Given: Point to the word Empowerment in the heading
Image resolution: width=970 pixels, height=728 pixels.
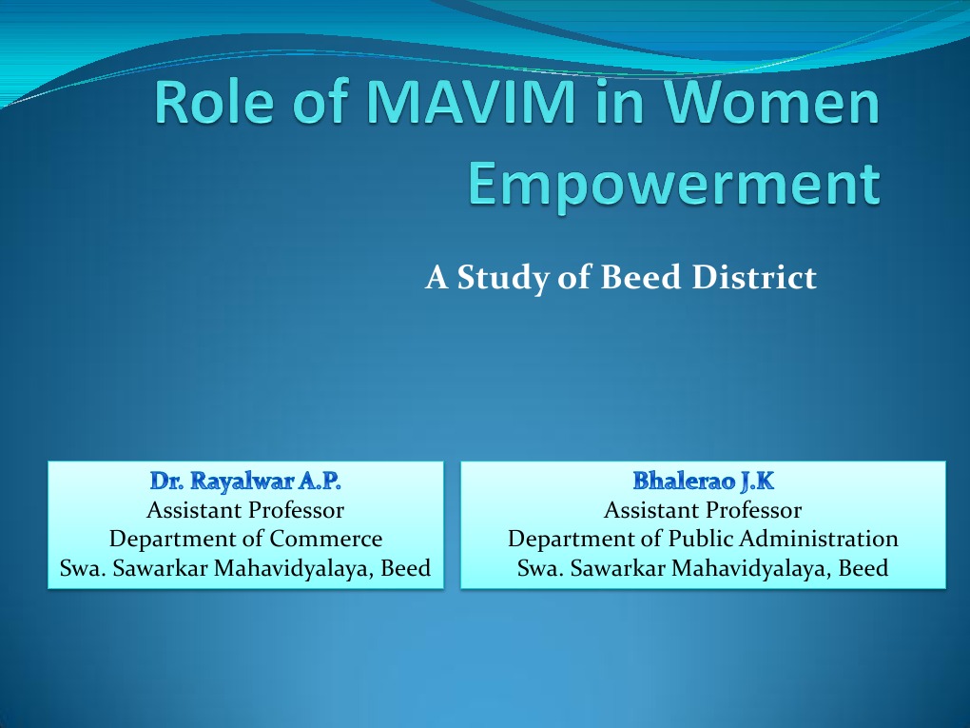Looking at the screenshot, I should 675,184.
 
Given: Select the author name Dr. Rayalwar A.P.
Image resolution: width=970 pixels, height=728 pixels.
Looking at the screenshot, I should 245,481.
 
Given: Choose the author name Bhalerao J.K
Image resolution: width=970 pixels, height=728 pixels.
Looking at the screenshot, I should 703,481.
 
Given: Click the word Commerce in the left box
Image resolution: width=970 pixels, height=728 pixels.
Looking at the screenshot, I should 326,539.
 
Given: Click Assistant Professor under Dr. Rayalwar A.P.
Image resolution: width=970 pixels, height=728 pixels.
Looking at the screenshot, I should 245,510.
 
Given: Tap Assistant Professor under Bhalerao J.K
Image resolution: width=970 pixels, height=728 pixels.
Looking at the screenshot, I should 703,510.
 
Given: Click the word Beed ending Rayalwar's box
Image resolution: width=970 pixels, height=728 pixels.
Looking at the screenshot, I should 406,568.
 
